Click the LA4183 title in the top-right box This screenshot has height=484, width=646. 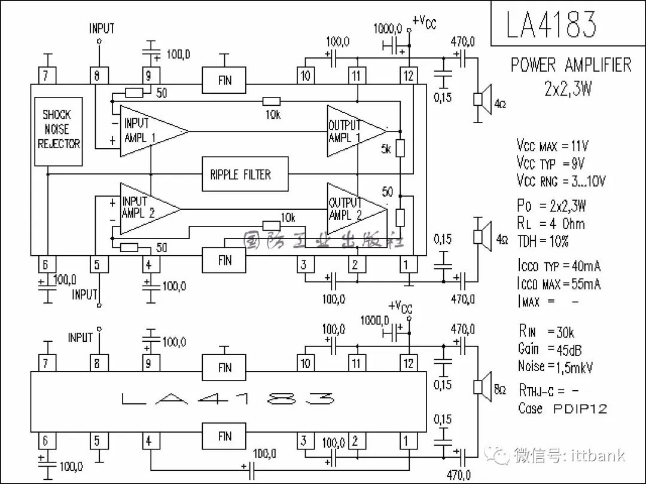(551, 24)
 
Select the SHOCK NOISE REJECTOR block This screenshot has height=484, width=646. (59, 131)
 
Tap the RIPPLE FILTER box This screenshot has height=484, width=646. (245, 174)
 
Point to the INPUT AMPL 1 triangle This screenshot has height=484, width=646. (154, 131)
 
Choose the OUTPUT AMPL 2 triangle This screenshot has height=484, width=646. (357, 209)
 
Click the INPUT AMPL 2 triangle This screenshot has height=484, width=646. (150, 209)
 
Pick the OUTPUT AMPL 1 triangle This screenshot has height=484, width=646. (357, 131)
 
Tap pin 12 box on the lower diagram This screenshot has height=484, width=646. (409, 363)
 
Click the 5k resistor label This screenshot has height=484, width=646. (386, 149)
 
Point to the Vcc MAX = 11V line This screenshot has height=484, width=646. (553, 146)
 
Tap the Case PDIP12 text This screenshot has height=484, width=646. (562, 408)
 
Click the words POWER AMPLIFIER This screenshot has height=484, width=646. (571, 65)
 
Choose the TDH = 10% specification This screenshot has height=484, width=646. (543, 241)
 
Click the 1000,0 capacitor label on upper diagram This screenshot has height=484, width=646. (388, 29)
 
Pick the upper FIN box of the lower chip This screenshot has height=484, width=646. (224, 367)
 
